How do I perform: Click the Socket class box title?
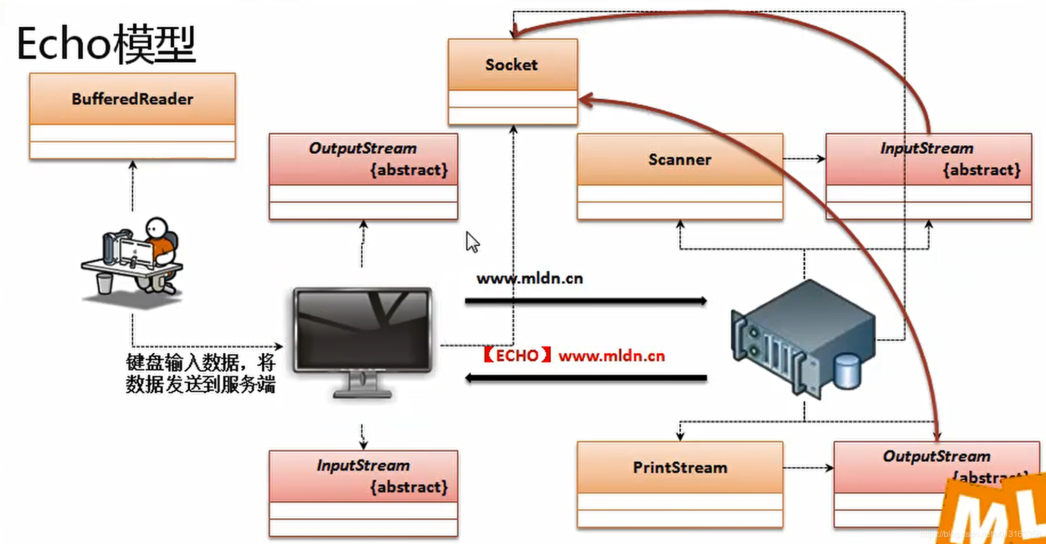[x=512, y=65]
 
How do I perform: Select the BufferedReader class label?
[x=132, y=99]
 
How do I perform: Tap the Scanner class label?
[x=679, y=159]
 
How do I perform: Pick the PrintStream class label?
[x=679, y=467]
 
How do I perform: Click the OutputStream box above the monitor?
[x=363, y=159]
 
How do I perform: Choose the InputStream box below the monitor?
[x=363, y=476]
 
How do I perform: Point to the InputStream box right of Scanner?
[x=928, y=159]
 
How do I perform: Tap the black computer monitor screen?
[x=363, y=329]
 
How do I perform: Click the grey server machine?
[x=802, y=337]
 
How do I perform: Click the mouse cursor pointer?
[x=472, y=242]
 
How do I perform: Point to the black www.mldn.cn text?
[x=530, y=279]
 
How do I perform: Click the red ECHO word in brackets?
[x=517, y=355]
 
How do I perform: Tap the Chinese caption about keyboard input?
[x=201, y=373]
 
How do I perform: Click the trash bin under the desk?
[x=104, y=283]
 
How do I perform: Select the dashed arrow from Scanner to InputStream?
[x=804, y=158]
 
